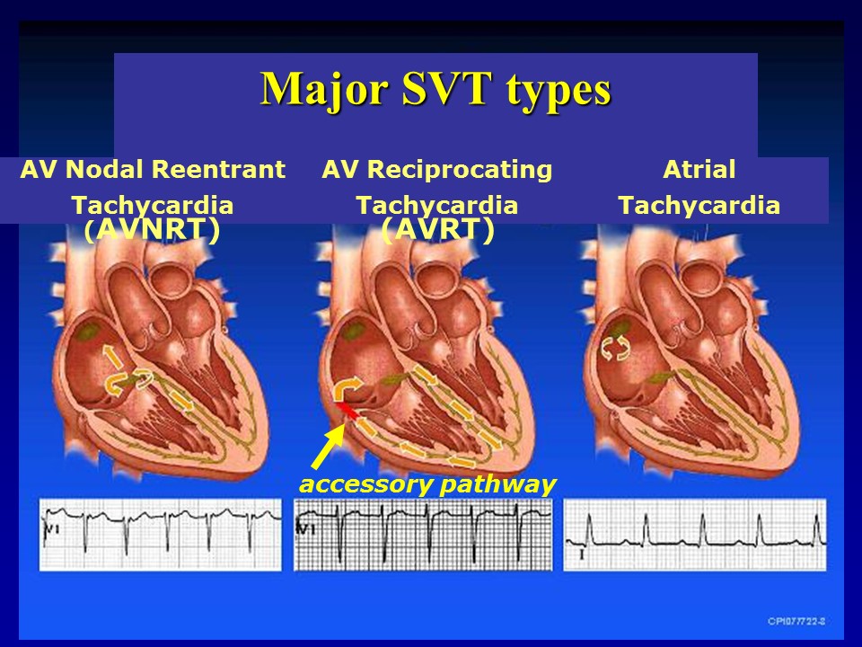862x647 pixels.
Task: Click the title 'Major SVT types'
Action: click(x=435, y=89)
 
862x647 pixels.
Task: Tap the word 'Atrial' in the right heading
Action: click(x=699, y=170)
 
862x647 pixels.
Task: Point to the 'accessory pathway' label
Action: click(x=427, y=484)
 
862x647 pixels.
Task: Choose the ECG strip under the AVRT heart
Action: click(x=423, y=534)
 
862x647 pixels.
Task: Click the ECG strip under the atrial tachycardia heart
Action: click(x=694, y=534)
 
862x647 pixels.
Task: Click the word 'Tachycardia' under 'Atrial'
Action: click(x=699, y=206)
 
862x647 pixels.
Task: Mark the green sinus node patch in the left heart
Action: click(x=88, y=332)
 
